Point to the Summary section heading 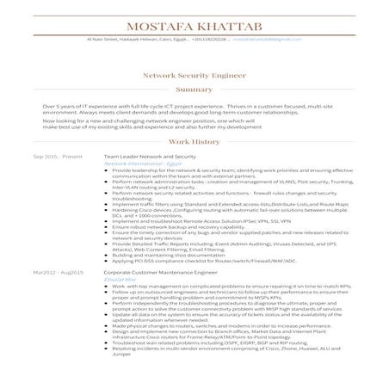[194, 90]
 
